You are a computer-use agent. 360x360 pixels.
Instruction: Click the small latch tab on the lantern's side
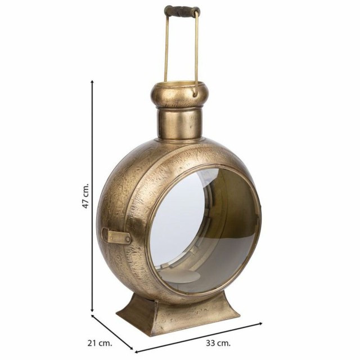[117, 236]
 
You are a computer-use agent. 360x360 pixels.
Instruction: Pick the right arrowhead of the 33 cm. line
[260, 324]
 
